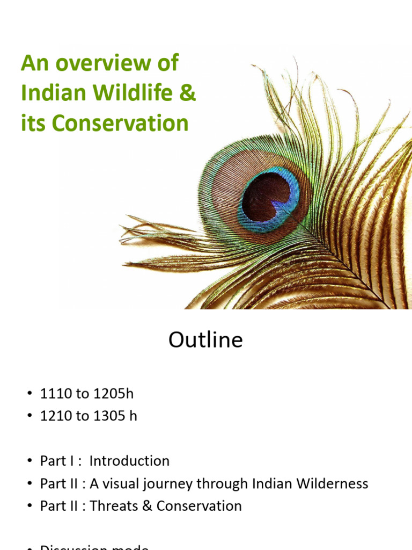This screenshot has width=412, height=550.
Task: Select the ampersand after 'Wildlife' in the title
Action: click(189, 93)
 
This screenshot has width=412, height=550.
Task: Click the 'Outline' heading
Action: click(205, 340)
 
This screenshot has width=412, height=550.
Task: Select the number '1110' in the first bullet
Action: click(56, 394)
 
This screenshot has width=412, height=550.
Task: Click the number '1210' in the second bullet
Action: click(56, 416)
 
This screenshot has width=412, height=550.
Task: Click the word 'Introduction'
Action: click(129, 461)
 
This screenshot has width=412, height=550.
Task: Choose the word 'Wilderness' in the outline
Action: click(335, 483)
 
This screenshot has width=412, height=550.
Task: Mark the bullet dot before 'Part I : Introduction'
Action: click(30, 461)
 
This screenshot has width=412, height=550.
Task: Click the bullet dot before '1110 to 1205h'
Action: click(30, 394)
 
